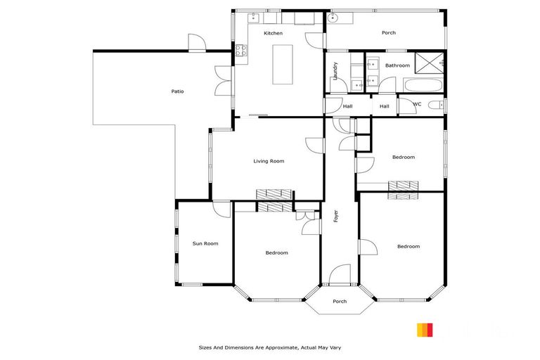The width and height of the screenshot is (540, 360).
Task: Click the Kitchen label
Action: [x=273, y=33]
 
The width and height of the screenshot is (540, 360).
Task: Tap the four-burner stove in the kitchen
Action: [x=240, y=50]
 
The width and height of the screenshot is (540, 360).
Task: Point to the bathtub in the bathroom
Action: [x=423, y=86]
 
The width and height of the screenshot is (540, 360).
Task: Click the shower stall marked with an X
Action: [x=429, y=60]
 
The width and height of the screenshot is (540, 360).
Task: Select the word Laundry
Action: [x=336, y=72]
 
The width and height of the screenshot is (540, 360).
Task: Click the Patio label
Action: [x=178, y=91]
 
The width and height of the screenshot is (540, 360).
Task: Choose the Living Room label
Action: [x=269, y=161]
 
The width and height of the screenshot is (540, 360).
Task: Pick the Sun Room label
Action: [x=205, y=243]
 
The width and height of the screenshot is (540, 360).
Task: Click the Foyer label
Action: [x=336, y=216]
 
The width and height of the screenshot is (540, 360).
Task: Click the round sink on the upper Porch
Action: [x=333, y=19]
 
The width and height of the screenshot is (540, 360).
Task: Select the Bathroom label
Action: [x=397, y=65]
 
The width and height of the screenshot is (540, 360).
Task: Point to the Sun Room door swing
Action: [x=221, y=209]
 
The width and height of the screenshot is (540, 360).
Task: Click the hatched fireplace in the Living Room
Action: [x=274, y=195]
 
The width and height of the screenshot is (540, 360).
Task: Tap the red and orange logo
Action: [x=425, y=330]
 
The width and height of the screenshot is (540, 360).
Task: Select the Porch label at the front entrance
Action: [x=340, y=302]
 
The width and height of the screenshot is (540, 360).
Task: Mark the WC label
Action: [x=417, y=104]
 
